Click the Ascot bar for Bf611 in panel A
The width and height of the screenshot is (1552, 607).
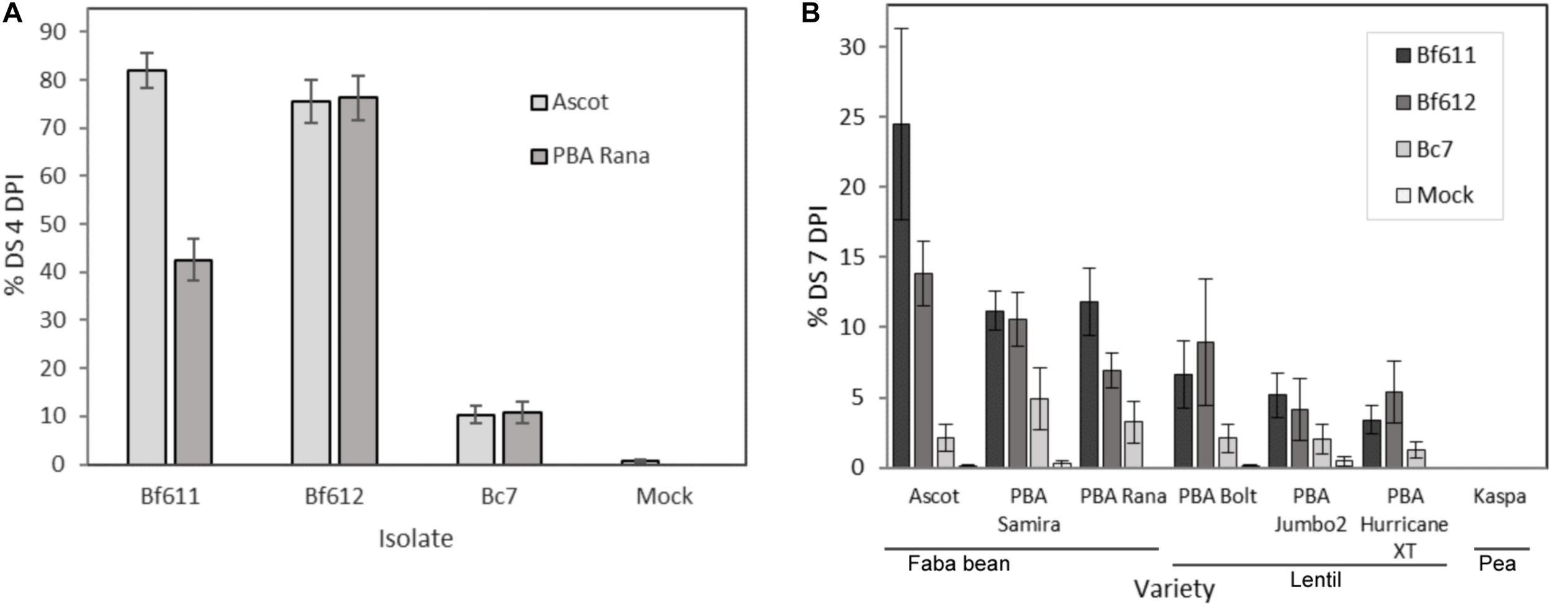click(x=147, y=267)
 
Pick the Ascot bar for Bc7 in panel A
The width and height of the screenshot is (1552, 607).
click(x=476, y=439)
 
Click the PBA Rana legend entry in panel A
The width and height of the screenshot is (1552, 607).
click(x=590, y=156)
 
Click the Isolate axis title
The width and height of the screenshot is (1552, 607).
click(x=415, y=539)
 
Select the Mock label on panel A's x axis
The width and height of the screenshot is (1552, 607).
click(x=664, y=497)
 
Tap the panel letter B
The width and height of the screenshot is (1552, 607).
click(x=810, y=13)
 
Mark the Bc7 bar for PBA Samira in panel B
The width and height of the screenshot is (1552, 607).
click(x=1039, y=433)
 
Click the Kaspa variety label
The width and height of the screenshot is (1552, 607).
click(x=1499, y=497)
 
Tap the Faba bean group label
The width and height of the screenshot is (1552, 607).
click(x=959, y=564)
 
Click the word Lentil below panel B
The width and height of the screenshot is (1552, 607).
click(x=1315, y=580)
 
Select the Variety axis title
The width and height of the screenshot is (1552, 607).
click(x=1174, y=588)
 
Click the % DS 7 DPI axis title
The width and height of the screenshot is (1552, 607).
click(x=819, y=266)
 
